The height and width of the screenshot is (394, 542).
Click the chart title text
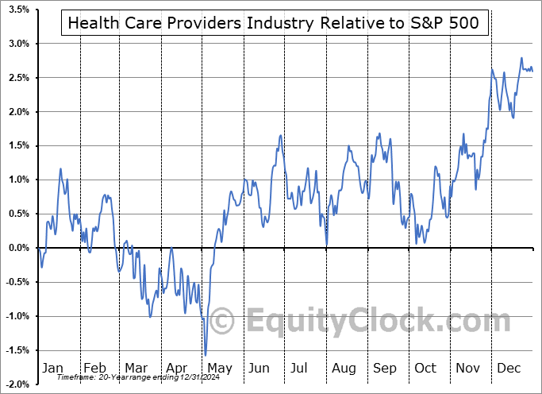tap(274, 23)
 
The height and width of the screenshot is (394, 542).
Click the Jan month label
tap(52, 369)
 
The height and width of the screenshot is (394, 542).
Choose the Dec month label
tap(509, 369)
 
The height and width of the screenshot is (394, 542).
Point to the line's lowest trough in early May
tap(206, 355)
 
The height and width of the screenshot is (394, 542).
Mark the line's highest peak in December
tap(521, 58)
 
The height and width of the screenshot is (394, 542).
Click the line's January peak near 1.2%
tap(60, 168)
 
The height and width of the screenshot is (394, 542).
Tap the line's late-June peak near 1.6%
tap(280, 136)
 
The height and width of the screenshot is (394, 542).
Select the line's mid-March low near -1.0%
tap(150, 316)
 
